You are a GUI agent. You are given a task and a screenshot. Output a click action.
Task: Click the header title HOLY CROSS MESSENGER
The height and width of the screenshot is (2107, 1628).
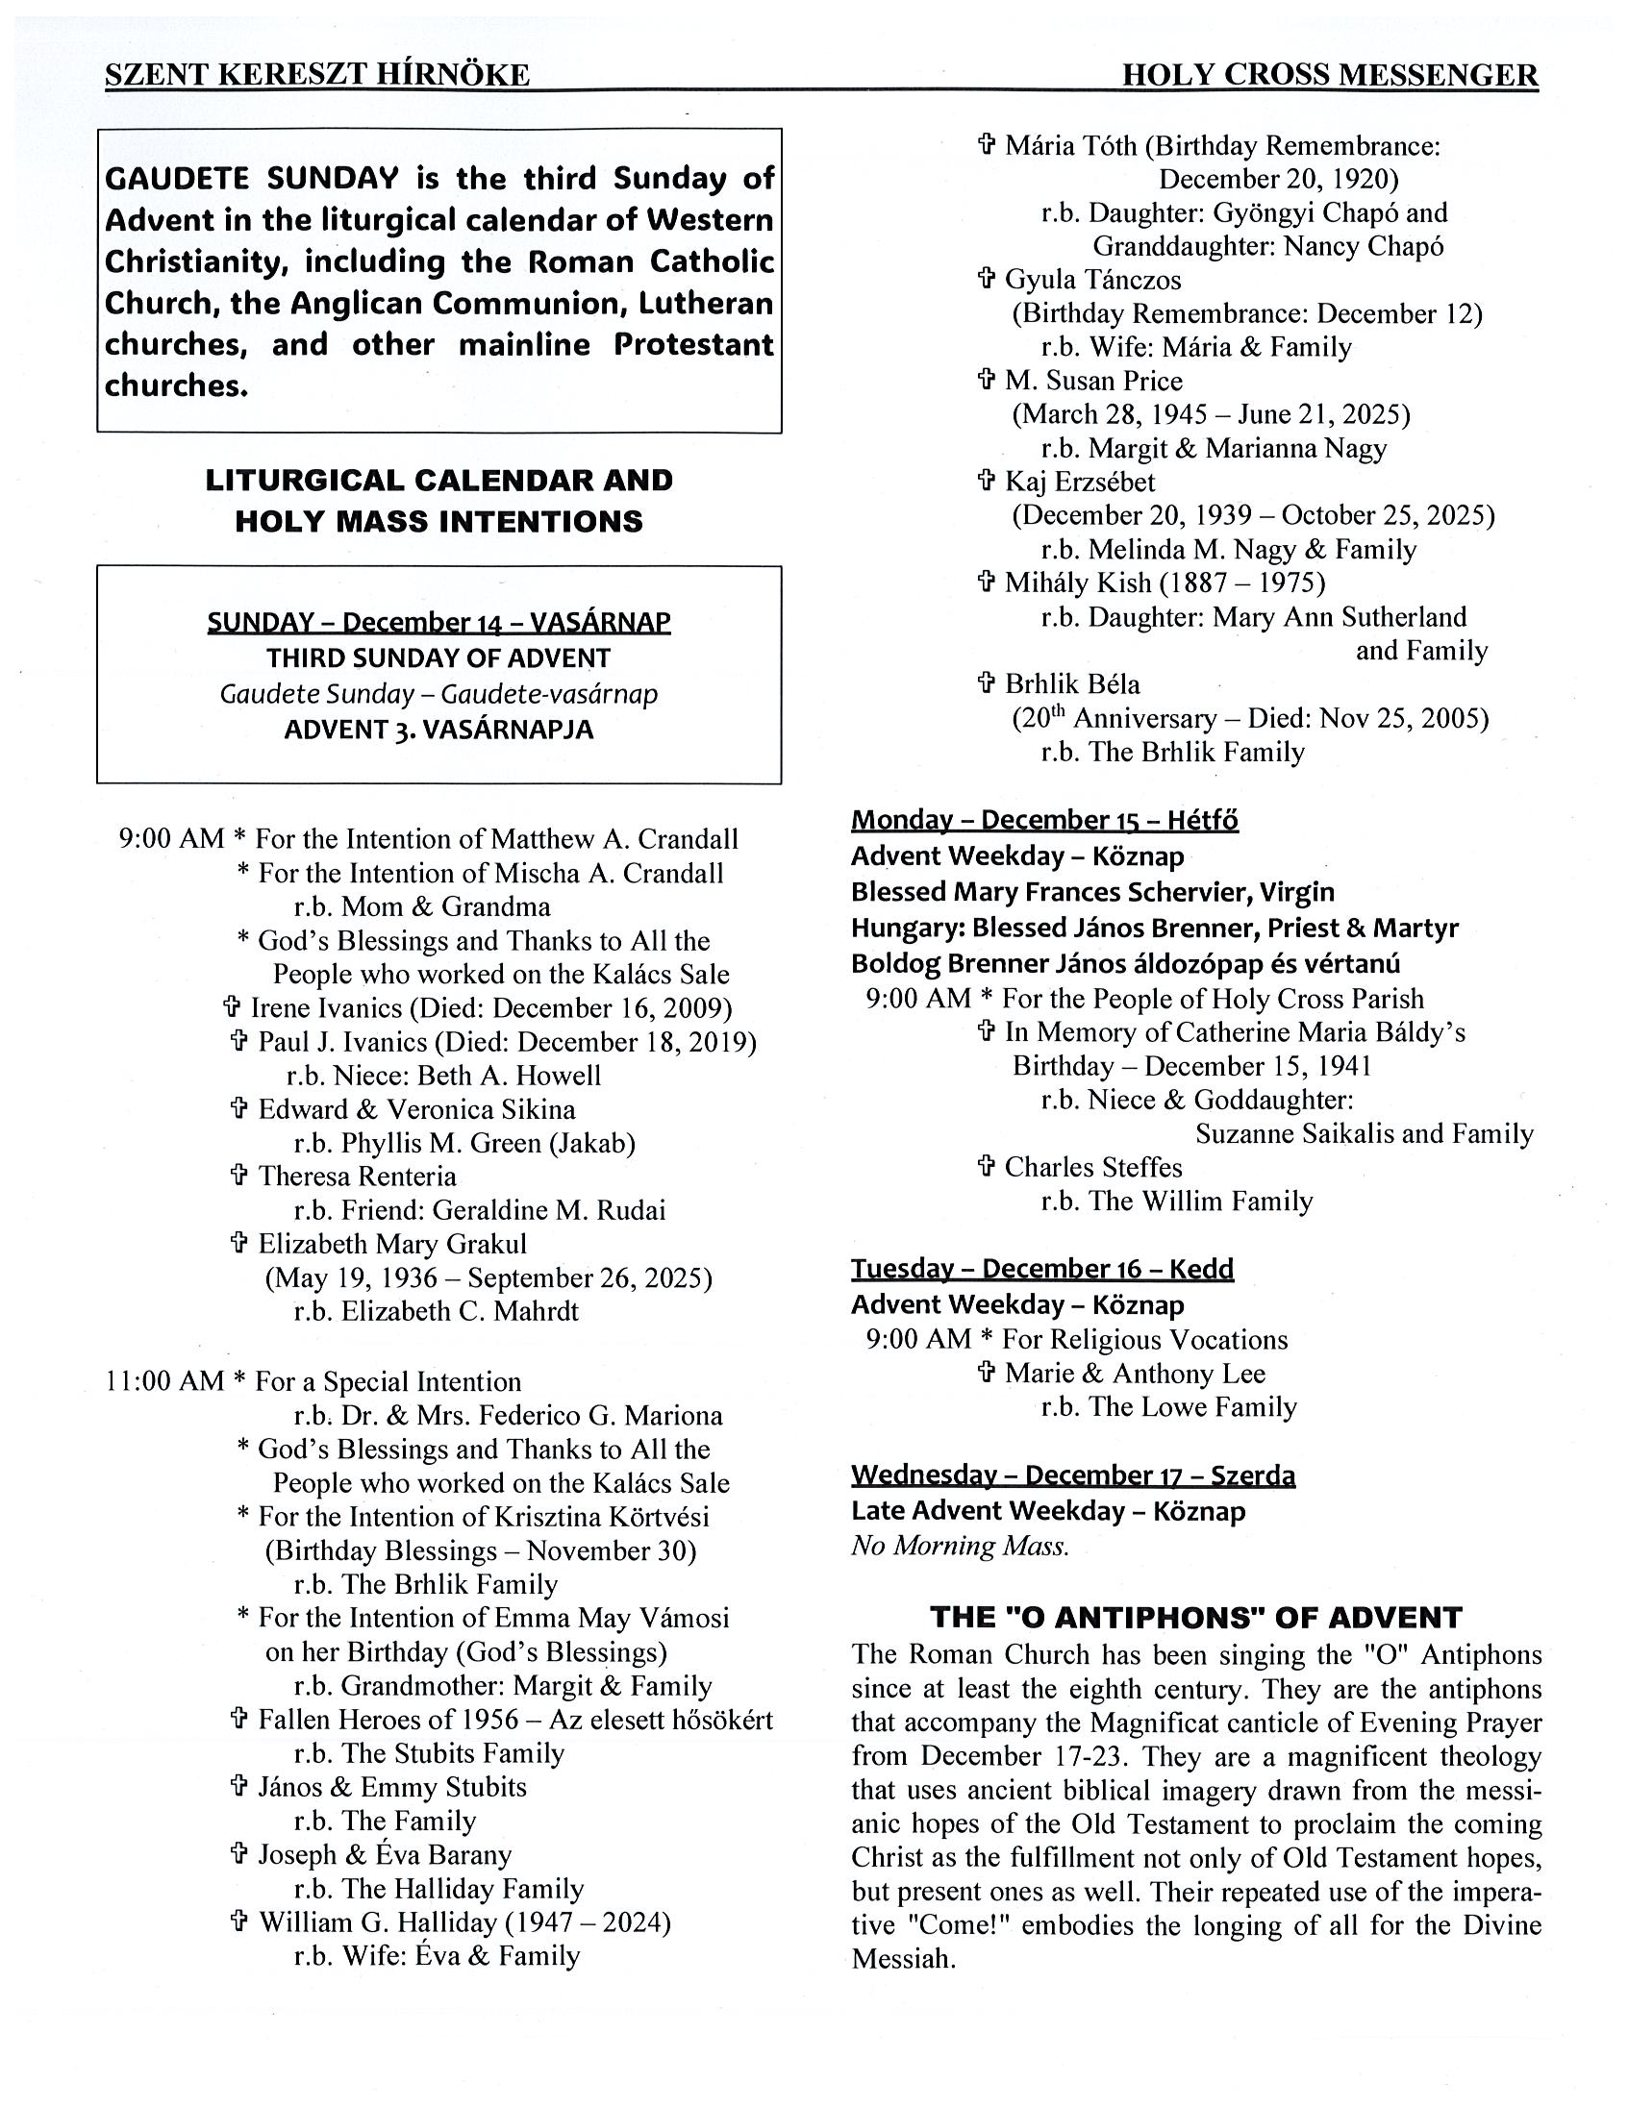coord(1329,75)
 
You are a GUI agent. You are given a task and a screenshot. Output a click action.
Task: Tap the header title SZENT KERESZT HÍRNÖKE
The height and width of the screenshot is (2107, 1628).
coord(316,75)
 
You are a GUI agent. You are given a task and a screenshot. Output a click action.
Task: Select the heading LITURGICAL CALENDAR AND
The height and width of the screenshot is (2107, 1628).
coord(439,481)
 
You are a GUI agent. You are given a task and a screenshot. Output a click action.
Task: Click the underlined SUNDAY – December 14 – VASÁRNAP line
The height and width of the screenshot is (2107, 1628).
coord(439,621)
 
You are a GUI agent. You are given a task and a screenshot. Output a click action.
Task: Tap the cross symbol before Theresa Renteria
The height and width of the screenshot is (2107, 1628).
coord(239,1176)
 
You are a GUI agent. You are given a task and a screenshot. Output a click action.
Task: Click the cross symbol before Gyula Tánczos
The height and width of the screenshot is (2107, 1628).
coord(986,280)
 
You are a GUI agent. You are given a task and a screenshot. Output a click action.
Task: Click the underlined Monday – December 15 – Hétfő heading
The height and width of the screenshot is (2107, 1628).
coord(1044,820)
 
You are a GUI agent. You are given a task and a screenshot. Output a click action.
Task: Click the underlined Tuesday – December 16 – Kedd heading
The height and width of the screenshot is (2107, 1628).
coord(1042,1269)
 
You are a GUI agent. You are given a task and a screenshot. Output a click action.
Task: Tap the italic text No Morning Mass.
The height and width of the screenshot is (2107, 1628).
coord(960,1547)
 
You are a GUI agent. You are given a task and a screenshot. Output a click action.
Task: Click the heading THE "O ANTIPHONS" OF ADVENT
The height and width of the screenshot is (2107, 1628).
coord(1195,1618)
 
